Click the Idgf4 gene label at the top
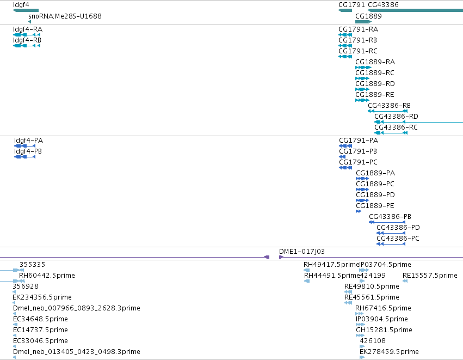[x=21, y=5]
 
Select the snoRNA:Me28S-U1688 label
[x=65, y=16]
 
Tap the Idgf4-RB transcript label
[x=27, y=40]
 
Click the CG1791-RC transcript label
[x=358, y=51]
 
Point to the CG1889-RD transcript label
[x=375, y=84]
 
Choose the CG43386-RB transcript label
[x=389, y=106]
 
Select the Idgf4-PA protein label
[x=28, y=141]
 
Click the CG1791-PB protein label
[x=358, y=151]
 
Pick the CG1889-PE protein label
[x=375, y=206]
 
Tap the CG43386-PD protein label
[x=398, y=228]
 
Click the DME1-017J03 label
[x=302, y=252]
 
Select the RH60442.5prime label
[x=47, y=276]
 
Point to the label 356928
[x=26, y=286]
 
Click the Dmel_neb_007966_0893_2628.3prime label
[x=77, y=308]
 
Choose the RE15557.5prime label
[x=430, y=276]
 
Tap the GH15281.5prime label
[x=384, y=330]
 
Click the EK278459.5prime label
[x=389, y=352]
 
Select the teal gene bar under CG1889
[x=363, y=22]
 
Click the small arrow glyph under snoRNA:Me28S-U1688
[x=29, y=22]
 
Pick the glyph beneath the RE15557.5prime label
[x=405, y=281]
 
